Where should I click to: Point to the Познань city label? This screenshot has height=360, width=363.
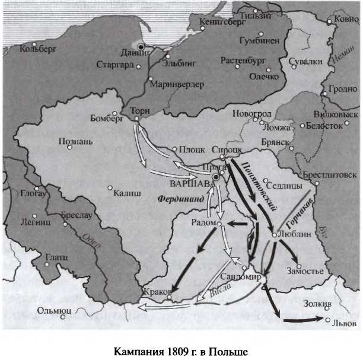[76, 142]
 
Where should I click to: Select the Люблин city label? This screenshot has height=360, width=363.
[292, 234]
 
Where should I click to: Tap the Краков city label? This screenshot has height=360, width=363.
[157, 291]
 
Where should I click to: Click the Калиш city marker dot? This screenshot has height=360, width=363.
[110, 189]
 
